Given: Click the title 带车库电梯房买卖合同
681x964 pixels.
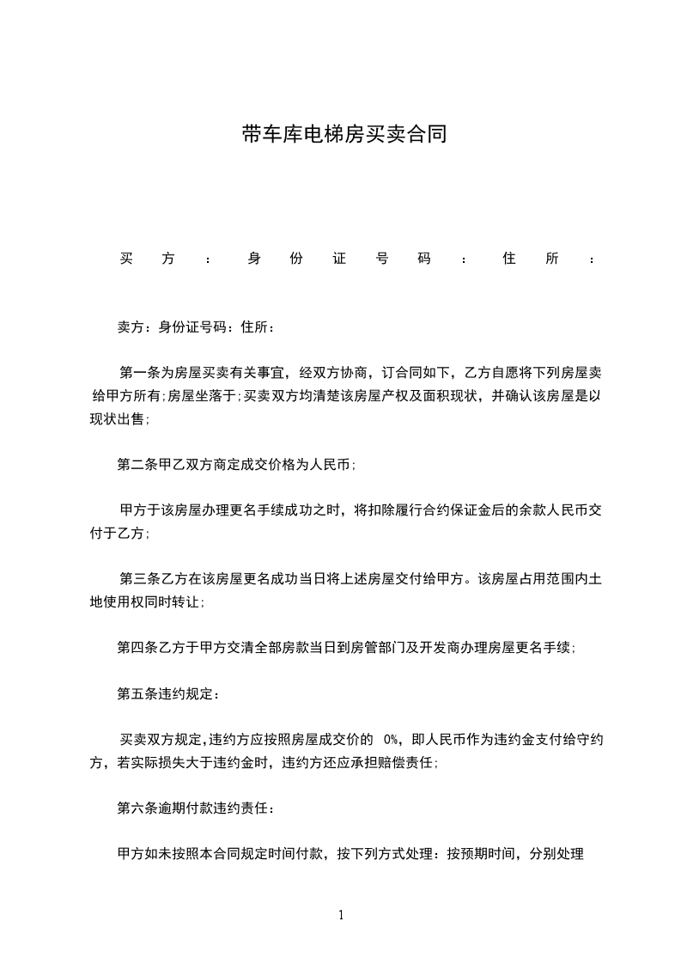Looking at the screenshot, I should pos(344,134).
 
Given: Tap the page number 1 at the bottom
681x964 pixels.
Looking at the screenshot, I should pos(341,916).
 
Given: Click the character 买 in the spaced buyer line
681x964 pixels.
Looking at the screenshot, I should pos(125,259).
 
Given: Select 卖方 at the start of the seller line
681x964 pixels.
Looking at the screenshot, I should pos(131,327).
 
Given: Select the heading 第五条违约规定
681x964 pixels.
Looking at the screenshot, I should pos(161,693).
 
